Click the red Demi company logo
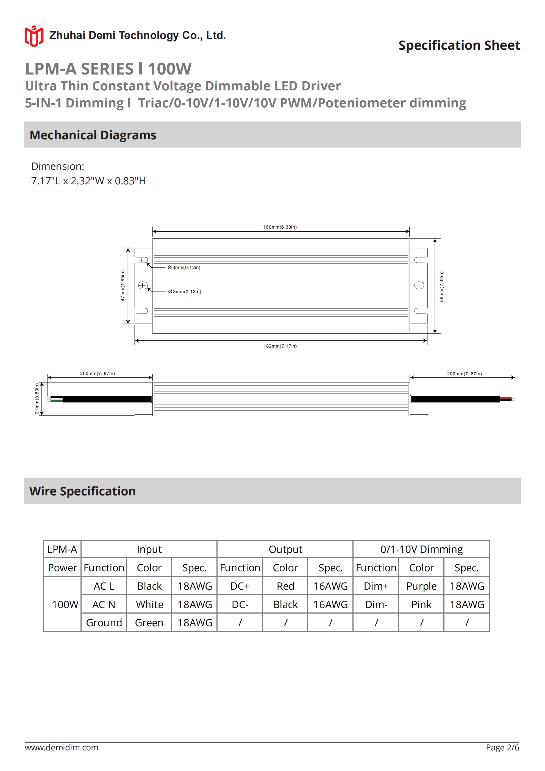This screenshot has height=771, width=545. coord(34,36)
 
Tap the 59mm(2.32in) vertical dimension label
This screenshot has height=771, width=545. coord(441,286)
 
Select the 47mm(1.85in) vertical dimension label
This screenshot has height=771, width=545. coord(123,285)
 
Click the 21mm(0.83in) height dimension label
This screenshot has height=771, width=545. coord(37,399)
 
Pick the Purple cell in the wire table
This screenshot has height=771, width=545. coord(421,586)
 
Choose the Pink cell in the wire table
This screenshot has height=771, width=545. coord(421,604)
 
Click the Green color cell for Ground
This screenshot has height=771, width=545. coord(149,623)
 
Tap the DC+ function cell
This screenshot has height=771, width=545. coord(240,586)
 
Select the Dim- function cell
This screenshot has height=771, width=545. coord(376,604)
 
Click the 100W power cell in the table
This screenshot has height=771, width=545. coord(65,604)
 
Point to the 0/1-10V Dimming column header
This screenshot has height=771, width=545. coord(421,549)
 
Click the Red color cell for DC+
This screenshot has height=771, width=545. coord(285,586)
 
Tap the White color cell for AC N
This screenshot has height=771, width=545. coord(149,604)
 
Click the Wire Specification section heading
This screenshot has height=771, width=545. coord(83,491)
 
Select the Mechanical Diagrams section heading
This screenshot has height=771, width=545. coord(93,135)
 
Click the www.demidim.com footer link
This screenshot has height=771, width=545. coord(62,747)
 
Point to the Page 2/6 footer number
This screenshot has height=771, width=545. coord(502,747)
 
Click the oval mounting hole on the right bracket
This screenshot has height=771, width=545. coord(419,285)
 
